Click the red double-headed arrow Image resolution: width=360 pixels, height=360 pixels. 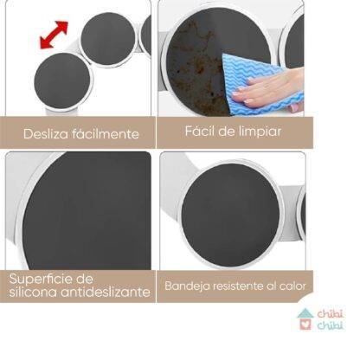pyautogui.click(x=54, y=35)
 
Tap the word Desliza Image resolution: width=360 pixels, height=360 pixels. pyautogui.click(x=46, y=134)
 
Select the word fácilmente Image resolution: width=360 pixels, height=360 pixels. pyautogui.click(x=106, y=134)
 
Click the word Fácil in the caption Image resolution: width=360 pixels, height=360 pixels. pyautogui.click(x=200, y=132)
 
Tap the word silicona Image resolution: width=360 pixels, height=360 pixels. pyautogui.click(x=33, y=292)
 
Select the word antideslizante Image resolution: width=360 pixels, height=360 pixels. pyautogui.click(x=106, y=292)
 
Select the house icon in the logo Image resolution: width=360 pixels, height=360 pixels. pyautogui.click(x=305, y=319)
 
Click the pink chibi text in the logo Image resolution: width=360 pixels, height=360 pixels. pyautogui.click(x=331, y=314)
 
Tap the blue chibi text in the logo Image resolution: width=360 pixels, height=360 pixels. pyautogui.click(x=331, y=325)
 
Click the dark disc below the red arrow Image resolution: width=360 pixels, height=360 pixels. pyautogui.click(x=62, y=81)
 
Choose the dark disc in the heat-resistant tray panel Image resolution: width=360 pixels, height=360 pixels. pyautogui.click(x=230, y=215)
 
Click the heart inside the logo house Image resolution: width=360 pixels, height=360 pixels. pyautogui.click(x=305, y=325)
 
